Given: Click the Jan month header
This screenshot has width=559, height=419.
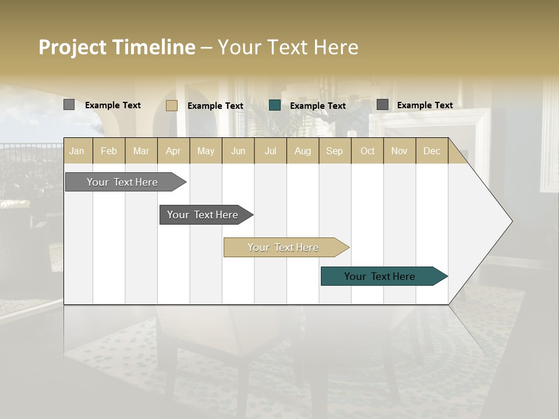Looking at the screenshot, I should pos(77,151).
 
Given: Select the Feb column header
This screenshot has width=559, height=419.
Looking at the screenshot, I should pos(109,151).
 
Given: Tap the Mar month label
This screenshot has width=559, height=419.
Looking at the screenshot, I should pos(141,151).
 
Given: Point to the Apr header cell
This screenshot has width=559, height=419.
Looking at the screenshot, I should pos(174,151).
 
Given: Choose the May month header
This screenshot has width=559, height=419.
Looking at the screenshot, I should pos(206,151).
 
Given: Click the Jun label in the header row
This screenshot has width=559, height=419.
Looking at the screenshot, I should pos(238,151).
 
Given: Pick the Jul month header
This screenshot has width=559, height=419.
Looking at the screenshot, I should pos(270,151).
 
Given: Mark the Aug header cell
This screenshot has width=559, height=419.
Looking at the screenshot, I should pos(303,151).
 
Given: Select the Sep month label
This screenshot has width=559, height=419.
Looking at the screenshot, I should pos(335,151).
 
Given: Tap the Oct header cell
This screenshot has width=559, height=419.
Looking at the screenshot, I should pos(367,151).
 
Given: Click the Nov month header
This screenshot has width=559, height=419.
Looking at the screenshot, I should pos(399,151).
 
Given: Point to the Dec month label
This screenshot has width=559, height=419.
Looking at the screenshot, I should pos(432,151).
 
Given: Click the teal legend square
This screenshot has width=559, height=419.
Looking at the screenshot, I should pos(275,105).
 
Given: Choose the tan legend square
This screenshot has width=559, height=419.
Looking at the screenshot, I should pos(172,105).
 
